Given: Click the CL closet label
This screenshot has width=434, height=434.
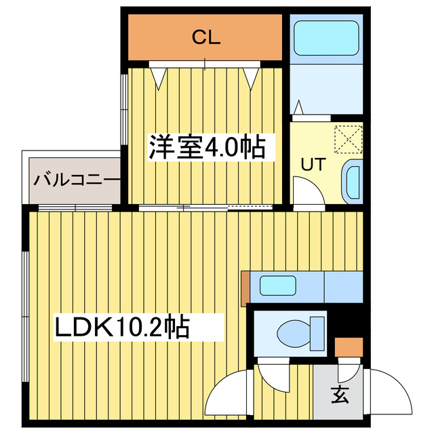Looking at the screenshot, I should [x=205, y=38].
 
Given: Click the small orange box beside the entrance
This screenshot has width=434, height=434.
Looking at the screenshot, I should [x=349, y=347].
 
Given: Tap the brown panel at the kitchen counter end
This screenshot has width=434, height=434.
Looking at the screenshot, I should [x=244, y=285].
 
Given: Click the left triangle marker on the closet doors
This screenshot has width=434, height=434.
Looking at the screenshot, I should [x=159, y=79].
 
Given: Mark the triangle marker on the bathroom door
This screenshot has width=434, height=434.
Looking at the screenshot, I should [x=299, y=107].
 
